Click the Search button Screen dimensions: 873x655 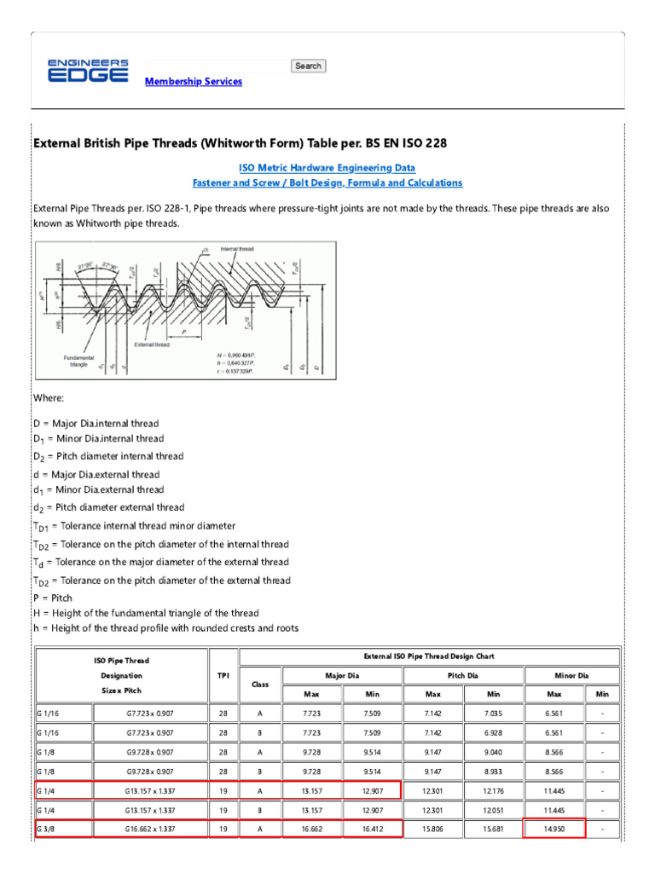[x=308, y=66]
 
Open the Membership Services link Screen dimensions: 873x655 [x=194, y=82]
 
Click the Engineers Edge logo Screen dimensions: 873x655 [x=88, y=71]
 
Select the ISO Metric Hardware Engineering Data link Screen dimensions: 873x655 [x=327, y=168]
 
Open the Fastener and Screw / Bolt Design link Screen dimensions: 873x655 [x=327, y=183]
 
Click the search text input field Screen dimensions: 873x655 [x=217, y=66]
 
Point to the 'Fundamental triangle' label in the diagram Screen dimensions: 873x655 [x=78, y=361]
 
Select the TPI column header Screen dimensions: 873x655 [x=223, y=674]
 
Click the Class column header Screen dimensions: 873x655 [x=259, y=684]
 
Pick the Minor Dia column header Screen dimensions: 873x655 [x=571, y=675]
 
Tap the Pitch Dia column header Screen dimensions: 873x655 [x=461, y=675]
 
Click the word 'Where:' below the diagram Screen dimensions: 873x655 [x=49, y=398]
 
